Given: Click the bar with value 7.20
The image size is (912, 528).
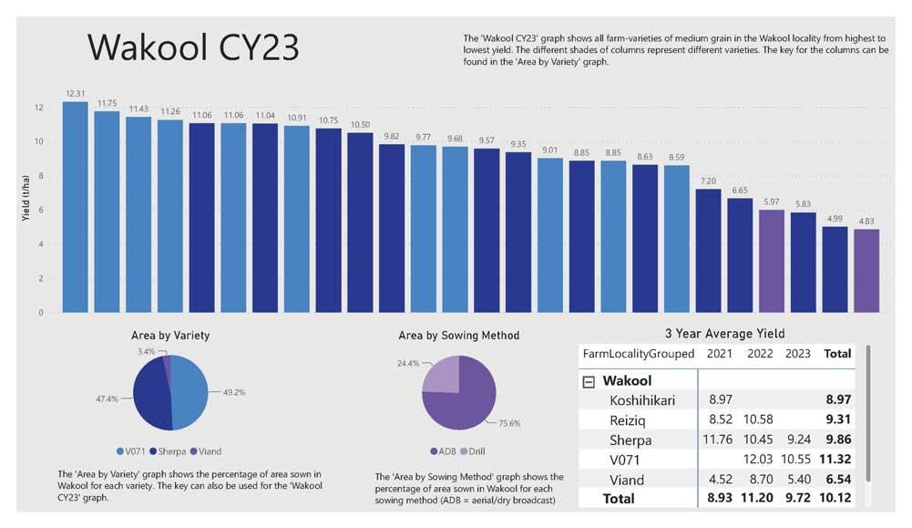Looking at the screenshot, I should [x=708, y=251].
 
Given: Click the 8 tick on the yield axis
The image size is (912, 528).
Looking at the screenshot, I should [x=39, y=176].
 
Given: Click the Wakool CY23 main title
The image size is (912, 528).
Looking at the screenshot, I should [x=192, y=47].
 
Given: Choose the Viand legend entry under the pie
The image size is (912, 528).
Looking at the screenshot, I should [x=206, y=451].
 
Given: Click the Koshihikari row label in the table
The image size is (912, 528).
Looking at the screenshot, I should [x=643, y=400].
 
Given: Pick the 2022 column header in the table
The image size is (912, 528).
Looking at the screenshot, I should [x=761, y=353].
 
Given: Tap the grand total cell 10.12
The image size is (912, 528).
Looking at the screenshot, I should [x=835, y=499].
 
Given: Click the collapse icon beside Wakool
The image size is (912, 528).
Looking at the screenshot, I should [x=589, y=381].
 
